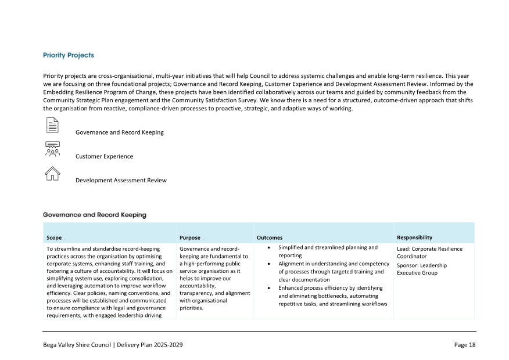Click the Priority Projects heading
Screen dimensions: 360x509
tap(69, 55)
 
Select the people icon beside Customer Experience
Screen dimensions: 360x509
tap(52, 149)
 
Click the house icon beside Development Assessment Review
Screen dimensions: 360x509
tap(52, 173)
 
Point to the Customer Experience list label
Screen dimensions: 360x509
tap(104, 156)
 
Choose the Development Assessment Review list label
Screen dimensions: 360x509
tap(121, 180)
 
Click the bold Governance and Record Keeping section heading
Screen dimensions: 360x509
tap(95, 215)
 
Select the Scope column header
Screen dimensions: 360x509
tap(54, 237)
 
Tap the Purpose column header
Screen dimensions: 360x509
tap(190, 237)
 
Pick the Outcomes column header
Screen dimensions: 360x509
tap(270, 237)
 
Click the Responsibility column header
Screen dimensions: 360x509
tap(414, 237)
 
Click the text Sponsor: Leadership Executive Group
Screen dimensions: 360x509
tap(422, 269)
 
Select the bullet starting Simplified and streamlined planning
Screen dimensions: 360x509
tap(328, 251)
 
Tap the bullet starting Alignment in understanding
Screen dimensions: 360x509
tap(334, 271)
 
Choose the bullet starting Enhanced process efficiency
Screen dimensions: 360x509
tap(332, 296)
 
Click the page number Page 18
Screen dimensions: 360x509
tap(464, 345)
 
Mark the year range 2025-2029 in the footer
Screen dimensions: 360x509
tap(166, 345)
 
